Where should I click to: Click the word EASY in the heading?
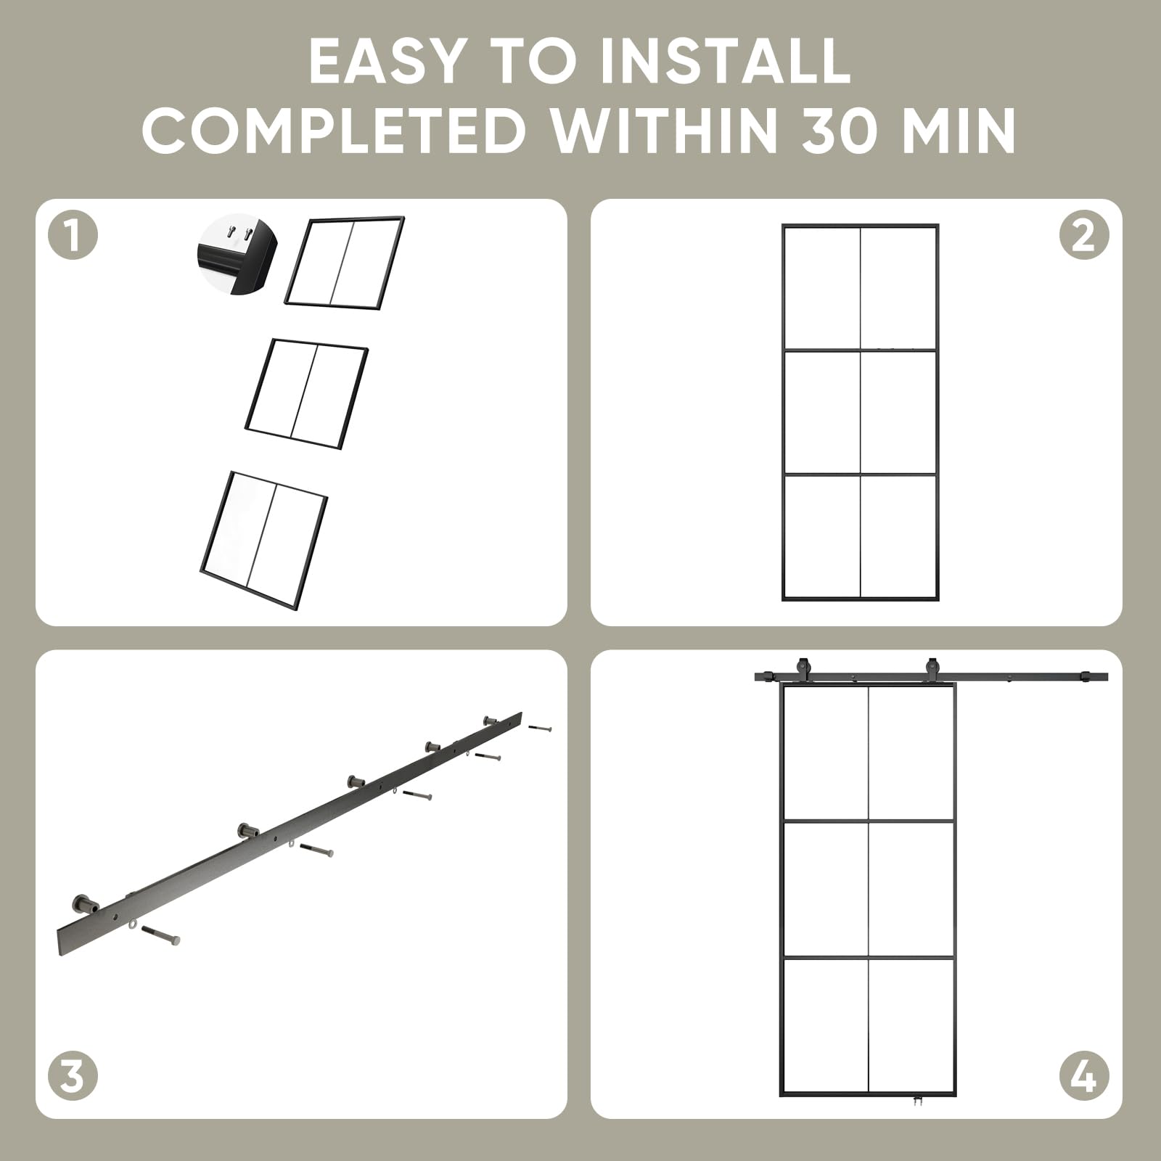386,61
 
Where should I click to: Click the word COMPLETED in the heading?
334,131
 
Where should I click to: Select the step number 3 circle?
73,1075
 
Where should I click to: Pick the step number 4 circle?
1084,1075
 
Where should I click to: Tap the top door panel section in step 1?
345,262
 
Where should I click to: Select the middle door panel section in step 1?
307,393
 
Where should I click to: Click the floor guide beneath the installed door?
918,1121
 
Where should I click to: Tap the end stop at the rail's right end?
1086,677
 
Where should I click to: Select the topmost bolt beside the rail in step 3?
541,727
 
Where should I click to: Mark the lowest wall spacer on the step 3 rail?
86,905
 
